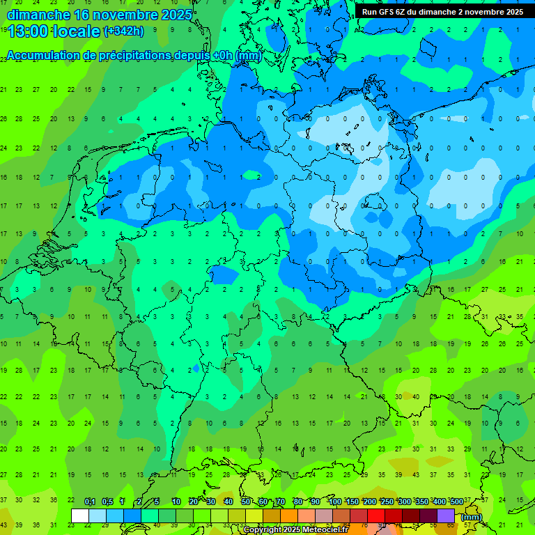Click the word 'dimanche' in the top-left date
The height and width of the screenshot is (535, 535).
38,15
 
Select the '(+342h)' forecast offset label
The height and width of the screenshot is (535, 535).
123,31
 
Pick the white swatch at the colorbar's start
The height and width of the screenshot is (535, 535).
80,516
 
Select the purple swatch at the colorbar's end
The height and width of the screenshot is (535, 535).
446,516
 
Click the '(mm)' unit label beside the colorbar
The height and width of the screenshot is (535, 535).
472,517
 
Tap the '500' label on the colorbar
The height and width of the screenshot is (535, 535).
456,502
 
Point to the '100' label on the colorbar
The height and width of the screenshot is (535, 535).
335,502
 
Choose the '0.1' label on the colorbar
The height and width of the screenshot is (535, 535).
90,502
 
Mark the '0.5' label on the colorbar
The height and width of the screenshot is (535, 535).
107,502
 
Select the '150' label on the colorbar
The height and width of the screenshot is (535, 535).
352,502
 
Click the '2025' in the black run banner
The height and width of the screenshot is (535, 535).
514,12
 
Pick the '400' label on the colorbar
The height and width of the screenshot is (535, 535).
439,502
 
